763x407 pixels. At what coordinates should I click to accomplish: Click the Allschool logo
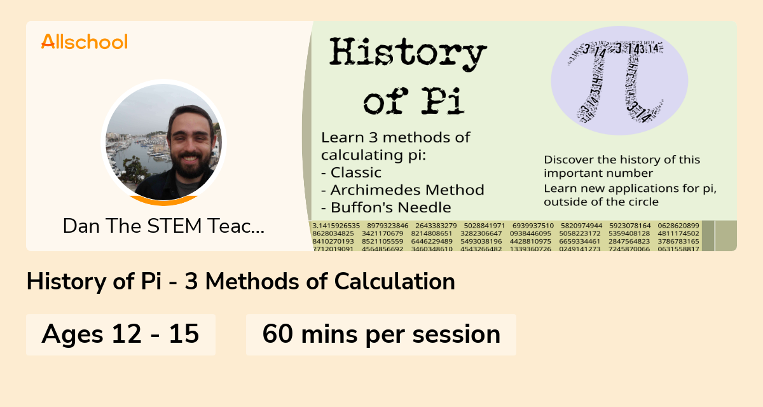pyautogui.click(x=85, y=42)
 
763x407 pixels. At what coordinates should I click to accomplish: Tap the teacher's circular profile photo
pyautogui.click(x=163, y=141)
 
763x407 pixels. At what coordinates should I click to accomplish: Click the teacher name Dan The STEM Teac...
pyautogui.click(x=163, y=226)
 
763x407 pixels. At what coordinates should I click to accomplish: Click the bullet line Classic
pyautogui.click(x=352, y=172)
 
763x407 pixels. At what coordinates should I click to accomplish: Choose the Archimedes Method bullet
pyautogui.click(x=402, y=190)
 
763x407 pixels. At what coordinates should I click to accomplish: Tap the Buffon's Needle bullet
pyautogui.click(x=386, y=207)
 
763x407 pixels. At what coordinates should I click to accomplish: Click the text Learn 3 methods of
pyautogui.click(x=395, y=137)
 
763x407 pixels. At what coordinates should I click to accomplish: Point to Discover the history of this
pyautogui.click(x=622, y=160)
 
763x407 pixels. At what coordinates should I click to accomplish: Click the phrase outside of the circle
pyautogui.click(x=601, y=202)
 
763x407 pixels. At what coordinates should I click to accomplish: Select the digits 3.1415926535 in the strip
pyautogui.click(x=336, y=225)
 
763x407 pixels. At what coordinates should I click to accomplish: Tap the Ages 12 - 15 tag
pyautogui.click(x=121, y=334)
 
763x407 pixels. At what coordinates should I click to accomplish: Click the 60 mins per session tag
pyautogui.click(x=381, y=334)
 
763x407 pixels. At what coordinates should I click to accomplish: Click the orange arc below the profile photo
pyautogui.click(x=164, y=201)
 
